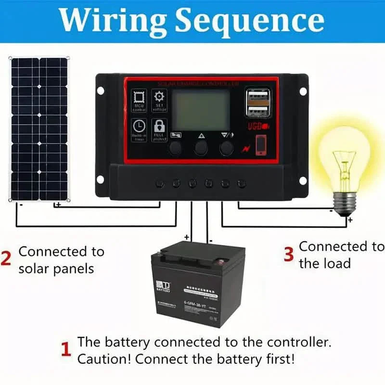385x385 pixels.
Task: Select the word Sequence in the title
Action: [x=249, y=20]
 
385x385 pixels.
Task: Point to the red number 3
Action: [x=288, y=255]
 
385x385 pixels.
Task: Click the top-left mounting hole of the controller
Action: [x=100, y=90]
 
